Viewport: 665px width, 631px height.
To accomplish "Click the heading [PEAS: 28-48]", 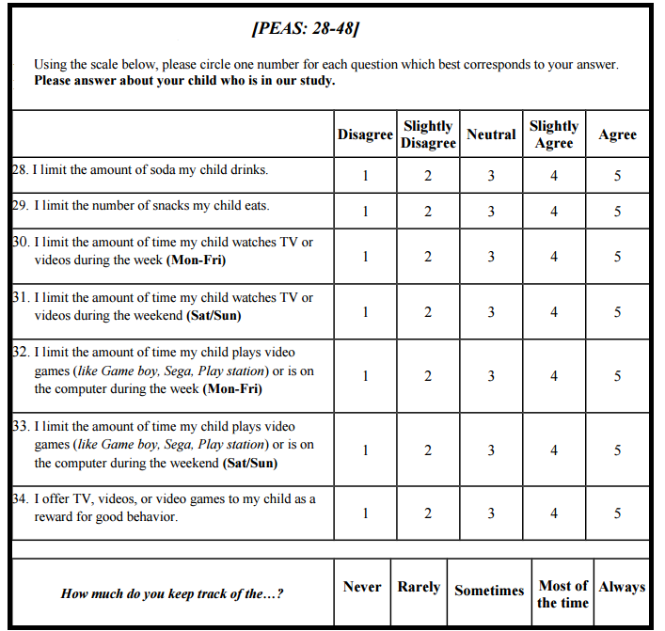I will tap(307, 28).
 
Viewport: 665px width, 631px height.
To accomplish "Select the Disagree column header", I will tap(365, 134).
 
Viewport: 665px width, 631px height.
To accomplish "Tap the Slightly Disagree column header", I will tap(428, 134).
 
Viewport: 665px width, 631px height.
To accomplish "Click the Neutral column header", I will tap(491, 134).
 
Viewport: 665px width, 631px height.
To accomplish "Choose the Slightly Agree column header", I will tap(554, 134).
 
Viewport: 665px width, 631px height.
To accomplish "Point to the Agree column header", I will tap(617, 134).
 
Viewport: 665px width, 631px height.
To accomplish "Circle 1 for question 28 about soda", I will tap(366, 176).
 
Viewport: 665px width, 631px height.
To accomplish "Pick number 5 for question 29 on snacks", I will tap(618, 212).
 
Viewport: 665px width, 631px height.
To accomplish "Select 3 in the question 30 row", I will tap(491, 257).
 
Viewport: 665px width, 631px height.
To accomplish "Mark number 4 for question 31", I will tap(554, 312).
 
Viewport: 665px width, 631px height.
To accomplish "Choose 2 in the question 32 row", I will tap(428, 376).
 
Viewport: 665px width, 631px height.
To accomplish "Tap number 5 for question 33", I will tap(618, 450).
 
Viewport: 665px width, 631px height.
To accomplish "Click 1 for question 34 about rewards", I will tap(366, 513).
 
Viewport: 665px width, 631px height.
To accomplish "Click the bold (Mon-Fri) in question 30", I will tap(196, 260).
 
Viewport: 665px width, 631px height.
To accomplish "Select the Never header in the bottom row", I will tap(362, 587).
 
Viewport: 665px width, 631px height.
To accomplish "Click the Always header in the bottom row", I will tap(622, 587).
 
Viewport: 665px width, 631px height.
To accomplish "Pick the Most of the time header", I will tap(562, 594).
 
